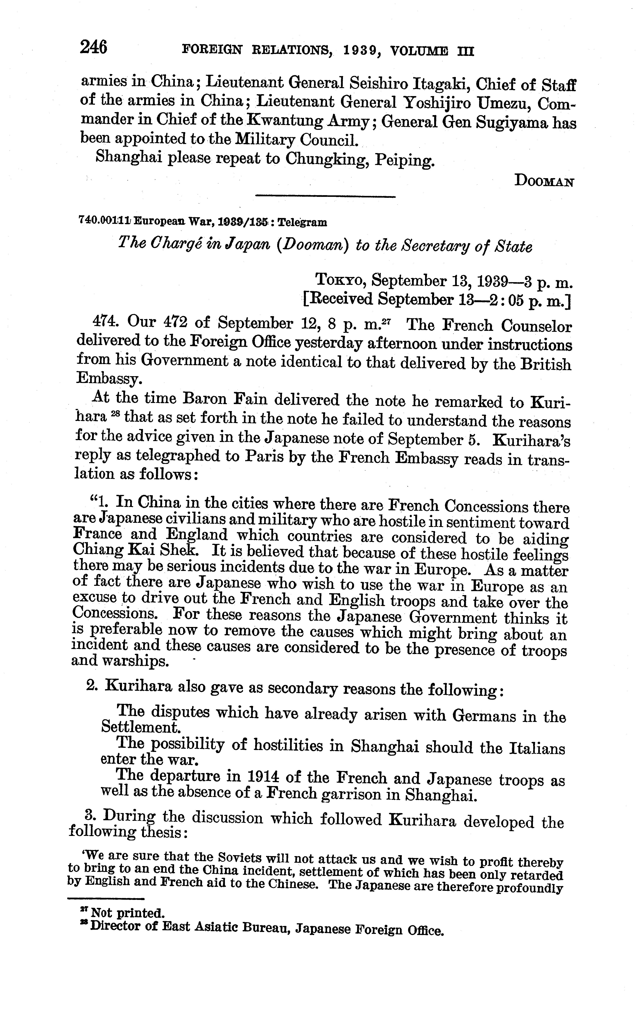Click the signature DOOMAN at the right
(x=544, y=181)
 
